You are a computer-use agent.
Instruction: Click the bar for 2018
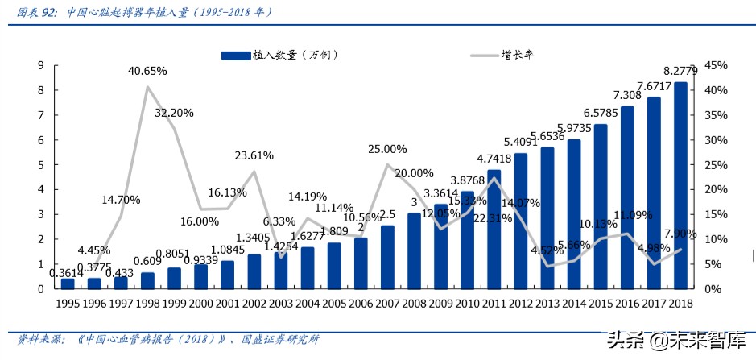coord(680,185)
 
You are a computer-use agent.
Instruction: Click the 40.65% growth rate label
coord(147,71)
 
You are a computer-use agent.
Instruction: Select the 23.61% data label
coord(254,155)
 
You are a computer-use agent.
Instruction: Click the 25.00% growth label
coord(387,149)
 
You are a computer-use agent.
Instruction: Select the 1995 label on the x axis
coord(68,304)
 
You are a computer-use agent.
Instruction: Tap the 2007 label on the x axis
coord(386,304)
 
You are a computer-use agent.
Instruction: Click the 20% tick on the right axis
coord(715,189)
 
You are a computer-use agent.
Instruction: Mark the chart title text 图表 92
coord(36,12)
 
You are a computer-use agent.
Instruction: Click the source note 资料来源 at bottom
coord(40,340)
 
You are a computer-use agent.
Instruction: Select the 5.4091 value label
coord(520,142)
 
